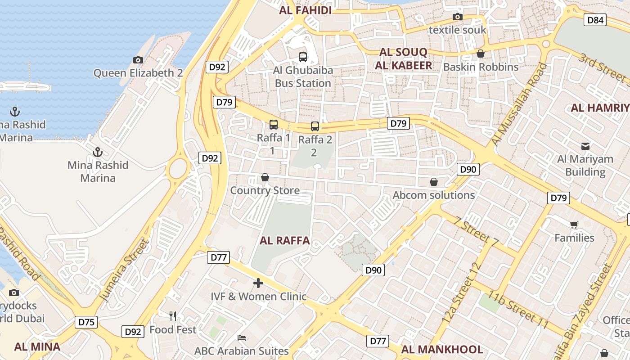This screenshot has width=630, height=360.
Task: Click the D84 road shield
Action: pyautogui.click(x=595, y=20)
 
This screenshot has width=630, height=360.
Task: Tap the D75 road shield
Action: pyautogui.click(x=86, y=322)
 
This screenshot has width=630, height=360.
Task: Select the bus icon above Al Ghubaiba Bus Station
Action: pyautogui.click(x=303, y=57)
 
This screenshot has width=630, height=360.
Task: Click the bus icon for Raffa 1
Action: pyautogui.click(x=274, y=125)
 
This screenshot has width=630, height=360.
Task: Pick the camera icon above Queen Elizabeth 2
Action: pyautogui.click(x=138, y=60)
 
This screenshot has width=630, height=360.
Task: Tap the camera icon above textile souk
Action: pyautogui.click(x=458, y=17)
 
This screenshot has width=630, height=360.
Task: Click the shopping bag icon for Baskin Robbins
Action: pyautogui.click(x=481, y=54)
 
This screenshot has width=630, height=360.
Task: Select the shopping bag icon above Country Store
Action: pyautogui.click(x=265, y=178)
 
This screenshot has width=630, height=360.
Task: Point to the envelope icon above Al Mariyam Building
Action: pyautogui.click(x=585, y=146)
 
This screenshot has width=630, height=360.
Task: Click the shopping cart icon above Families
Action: pyautogui.click(x=574, y=225)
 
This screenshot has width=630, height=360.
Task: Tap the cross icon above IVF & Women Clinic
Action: pyautogui.click(x=258, y=283)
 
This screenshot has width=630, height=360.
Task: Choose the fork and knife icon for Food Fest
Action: pyautogui.click(x=173, y=316)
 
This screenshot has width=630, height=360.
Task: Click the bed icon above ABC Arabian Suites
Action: pyautogui.click(x=242, y=337)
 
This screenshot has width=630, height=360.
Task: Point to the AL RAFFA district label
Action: pyautogui.click(x=285, y=241)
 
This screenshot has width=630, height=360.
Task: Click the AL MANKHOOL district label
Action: pyautogui.click(x=442, y=350)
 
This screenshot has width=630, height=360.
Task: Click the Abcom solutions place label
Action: pyautogui.click(x=434, y=195)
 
